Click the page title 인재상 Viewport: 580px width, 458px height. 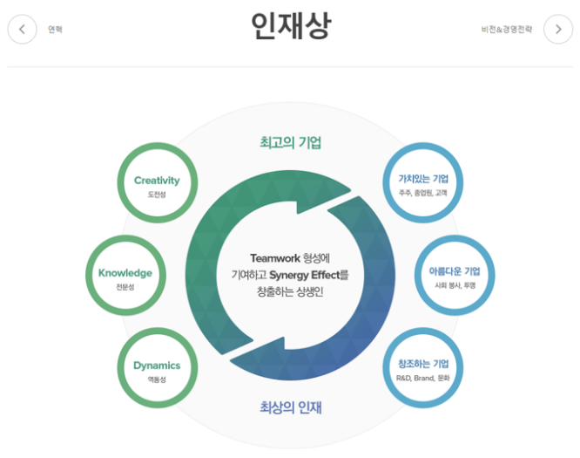coord(290,26)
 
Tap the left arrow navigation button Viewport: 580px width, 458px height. coord(23,29)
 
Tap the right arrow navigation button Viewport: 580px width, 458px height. coord(558,29)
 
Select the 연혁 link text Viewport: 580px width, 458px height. coord(55,30)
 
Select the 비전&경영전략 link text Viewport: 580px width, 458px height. coord(506,30)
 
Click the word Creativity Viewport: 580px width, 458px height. coord(157,181)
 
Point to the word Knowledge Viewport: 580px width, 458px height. coord(125,273)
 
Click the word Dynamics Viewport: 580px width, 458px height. coord(157,366)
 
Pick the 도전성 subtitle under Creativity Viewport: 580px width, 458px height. coord(157,195)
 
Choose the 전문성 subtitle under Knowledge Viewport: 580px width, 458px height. coord(125,287)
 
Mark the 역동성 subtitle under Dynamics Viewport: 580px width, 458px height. coord(157,379)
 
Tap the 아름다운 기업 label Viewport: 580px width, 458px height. coord(455,271)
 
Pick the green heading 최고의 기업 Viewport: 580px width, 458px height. coord(290,142)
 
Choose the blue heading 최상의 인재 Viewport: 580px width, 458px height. coord(290,407)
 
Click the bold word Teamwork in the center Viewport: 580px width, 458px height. coord(274,258)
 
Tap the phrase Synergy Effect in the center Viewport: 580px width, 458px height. coord(304,276)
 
